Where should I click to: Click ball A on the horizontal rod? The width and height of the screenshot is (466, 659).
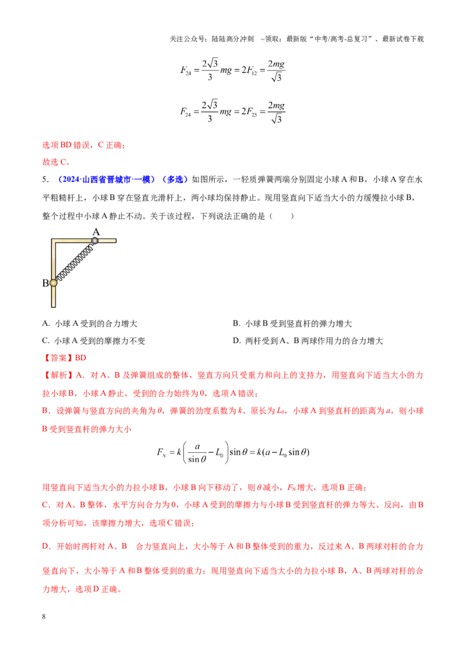click(95, 240)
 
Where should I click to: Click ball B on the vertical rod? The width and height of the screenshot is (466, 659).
click(54, 283)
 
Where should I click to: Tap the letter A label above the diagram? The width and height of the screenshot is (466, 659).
click(96, 232)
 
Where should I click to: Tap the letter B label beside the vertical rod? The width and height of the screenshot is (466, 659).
click(45, 283)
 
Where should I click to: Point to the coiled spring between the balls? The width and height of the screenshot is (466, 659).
click(75, 262)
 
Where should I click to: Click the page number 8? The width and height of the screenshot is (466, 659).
click(44, 616)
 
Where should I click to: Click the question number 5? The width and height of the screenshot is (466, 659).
click(45, 179)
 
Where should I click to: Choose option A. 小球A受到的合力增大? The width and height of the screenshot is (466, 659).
click(90, 323)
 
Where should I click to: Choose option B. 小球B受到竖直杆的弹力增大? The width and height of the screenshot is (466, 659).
click(292, 323)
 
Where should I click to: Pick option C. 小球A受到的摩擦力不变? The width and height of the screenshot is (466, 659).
click(93, 341)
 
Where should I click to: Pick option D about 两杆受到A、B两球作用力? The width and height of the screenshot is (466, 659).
click(308, 341)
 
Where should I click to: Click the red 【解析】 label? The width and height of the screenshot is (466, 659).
click(58, 375)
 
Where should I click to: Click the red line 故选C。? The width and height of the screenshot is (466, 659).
click(57, 162)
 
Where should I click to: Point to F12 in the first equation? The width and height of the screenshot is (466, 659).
click(252, 70)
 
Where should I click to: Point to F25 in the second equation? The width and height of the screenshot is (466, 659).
click(252, 112)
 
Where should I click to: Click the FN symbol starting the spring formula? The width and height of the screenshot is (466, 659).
click(161, 453)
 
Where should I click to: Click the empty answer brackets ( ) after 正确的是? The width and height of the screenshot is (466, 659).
click(281, 216)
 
